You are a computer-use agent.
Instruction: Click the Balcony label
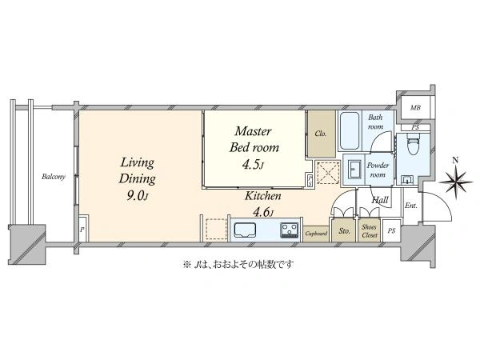pos(54,177)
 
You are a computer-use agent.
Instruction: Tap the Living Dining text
pos(137,170)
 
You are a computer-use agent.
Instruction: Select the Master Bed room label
pos(254,139)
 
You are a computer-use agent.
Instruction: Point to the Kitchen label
pos(262,196)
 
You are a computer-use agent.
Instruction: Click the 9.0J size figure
pos(137,196)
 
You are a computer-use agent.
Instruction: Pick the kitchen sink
pos(245,230)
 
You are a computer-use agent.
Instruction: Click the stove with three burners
pos(289,230)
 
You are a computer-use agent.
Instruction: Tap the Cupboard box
pos(316,234)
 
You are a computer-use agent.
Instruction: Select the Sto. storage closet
pos(344,230)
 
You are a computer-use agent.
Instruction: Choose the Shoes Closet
pos(369,230)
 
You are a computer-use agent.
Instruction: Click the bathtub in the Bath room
pos(350,130)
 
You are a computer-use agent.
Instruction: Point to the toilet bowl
pos(410,146)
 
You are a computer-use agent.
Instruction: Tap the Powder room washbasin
pos(354,170)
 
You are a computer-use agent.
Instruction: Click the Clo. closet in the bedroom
pos(321,134)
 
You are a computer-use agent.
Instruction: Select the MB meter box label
pos(415,107)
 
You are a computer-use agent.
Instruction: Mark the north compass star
pos(456,182)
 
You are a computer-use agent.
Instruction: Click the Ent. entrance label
pos(411,206)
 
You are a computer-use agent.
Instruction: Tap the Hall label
pos(380,200)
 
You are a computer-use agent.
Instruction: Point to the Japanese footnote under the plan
pos(238,264)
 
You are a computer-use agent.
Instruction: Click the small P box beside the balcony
pos(83,228)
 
